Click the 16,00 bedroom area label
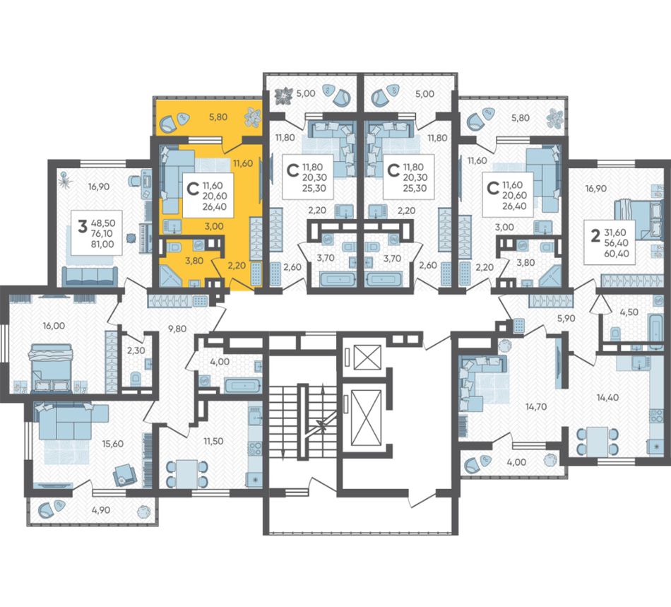point(54,326)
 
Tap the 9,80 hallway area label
point(177,329)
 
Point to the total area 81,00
point(102,244)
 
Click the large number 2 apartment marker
point(595,235)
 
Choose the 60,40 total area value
point(617,254)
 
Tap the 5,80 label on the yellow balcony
point(218,117)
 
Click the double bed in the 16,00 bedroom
point(50,367)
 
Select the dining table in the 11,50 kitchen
point(186,473)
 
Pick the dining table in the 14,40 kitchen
point(598,442)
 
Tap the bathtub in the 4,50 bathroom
point(655,330)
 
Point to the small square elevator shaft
point(367,357)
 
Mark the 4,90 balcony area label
point(100,509)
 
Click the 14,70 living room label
point(536,406)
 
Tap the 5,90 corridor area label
point(566,319)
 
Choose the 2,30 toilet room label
point(136,350)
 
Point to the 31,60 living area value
point(615,232)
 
